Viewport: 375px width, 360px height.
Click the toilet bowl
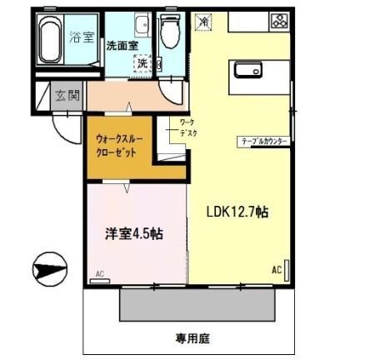coord(172,34)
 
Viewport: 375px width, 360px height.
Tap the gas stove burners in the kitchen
coord(278,21)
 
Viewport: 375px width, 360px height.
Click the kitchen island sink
coord(249,71)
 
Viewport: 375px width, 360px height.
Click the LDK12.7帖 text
coord(237,212)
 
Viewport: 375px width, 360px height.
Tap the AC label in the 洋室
coord(99,273)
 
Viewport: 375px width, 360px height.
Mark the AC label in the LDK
coord(276,269)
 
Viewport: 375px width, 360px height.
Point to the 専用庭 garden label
coord(192,339)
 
